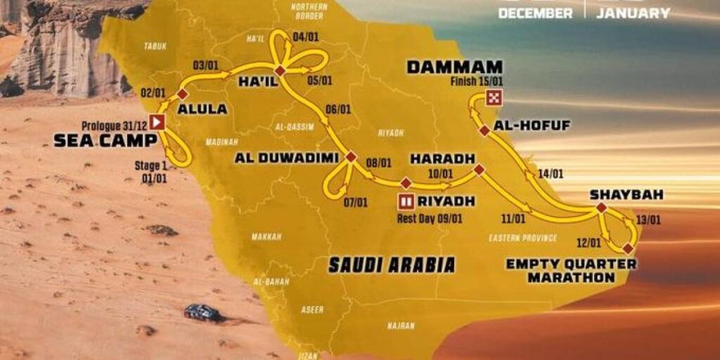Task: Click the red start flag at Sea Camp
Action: pyautogui.click(x=159, y=122)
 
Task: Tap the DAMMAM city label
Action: pyautogui.click(x=455, y=67)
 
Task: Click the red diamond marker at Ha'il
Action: pyautogui.click(x=280, y=71)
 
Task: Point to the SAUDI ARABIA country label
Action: pyautogui.click(x=392, y=264)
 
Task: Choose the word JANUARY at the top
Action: pyautogui.click(x=633, y=13)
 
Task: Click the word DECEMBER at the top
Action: pyautogui.click(x=535, y=13)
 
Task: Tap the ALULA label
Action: pyautogui.click(x=202, y=109)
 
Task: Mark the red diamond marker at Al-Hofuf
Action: pyautogui.click(x=484, y=130)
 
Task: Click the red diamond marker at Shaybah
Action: pyautogui.click(x=601, y=208)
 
